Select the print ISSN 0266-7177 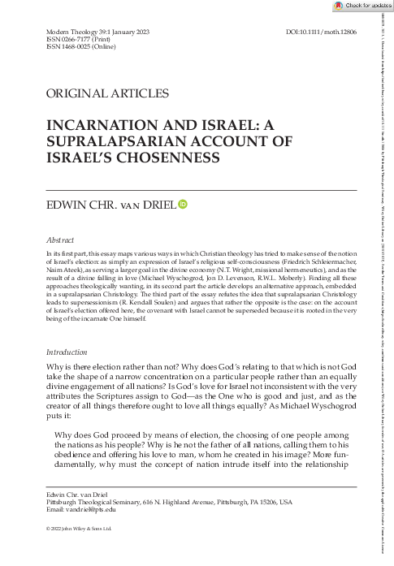[66, 38]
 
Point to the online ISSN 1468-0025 [67, 46]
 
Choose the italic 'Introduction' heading [67, 353]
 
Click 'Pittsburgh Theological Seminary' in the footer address [93, 501]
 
